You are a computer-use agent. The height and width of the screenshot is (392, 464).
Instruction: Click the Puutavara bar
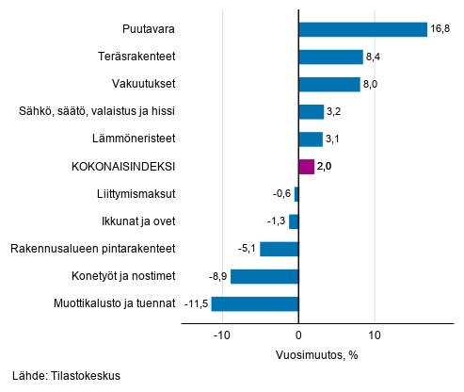(361, 29)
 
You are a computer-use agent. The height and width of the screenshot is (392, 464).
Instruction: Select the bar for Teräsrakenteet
(329, 57)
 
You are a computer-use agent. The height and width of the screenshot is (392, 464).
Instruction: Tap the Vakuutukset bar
(328, 85)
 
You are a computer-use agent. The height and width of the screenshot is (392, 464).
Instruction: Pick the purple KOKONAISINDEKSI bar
(306, 167)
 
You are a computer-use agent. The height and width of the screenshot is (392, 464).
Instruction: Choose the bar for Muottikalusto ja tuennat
(254, 304)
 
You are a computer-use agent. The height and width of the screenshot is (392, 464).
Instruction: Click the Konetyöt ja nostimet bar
(264, 276)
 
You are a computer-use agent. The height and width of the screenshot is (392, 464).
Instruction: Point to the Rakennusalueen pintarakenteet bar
(279, 249)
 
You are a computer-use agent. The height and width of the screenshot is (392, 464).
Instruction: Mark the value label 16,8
(440, 29)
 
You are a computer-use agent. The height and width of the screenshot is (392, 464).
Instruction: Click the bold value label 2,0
(326, 167)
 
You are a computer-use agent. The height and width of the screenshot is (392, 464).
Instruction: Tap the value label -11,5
(196, 304)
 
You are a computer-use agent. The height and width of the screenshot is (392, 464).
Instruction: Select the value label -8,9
(216, 276)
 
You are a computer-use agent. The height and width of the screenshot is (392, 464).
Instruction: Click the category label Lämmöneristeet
(136, 139)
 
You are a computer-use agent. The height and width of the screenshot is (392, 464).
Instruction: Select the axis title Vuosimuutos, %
(316, 355)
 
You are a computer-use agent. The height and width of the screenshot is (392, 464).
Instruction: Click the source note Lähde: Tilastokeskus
(67, 375)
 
